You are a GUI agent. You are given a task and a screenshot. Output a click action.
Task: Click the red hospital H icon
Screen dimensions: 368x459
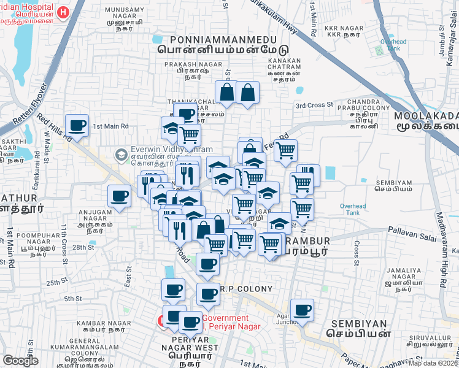pos(62,12)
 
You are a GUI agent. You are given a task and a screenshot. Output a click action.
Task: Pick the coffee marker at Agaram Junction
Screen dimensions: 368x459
pos(302,310)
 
